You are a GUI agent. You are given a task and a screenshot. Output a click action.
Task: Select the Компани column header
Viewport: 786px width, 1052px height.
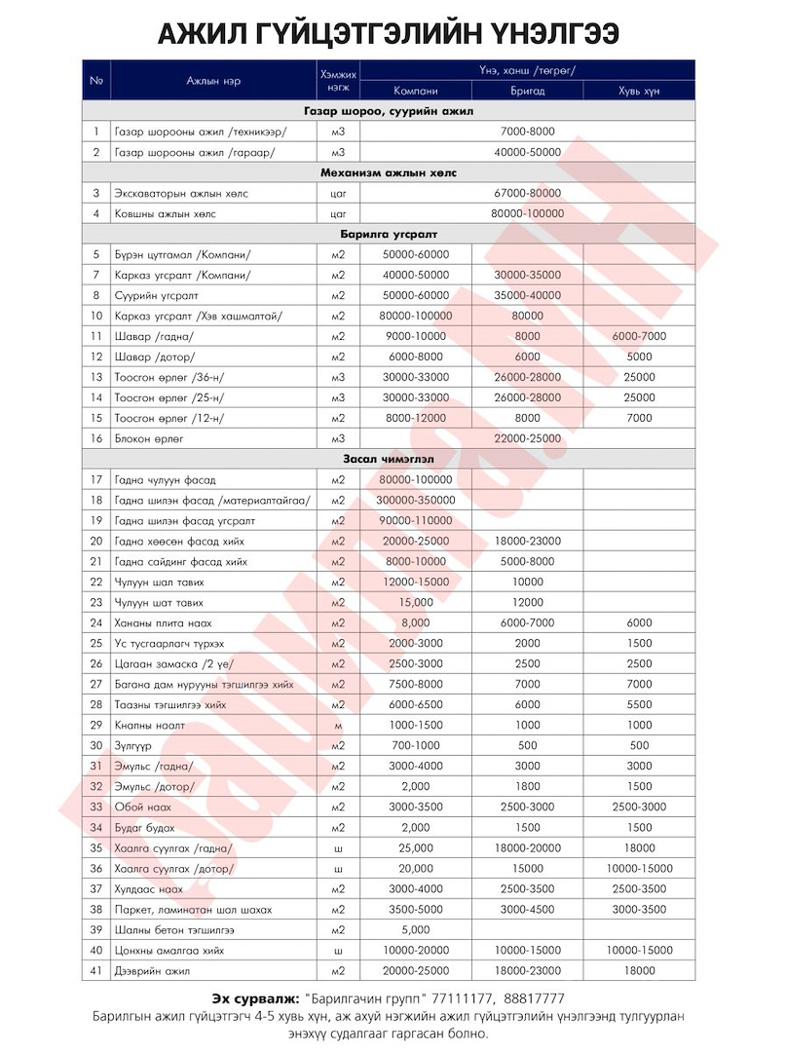[415, 91]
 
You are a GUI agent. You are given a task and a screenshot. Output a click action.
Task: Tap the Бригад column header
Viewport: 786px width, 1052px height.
[527, 91]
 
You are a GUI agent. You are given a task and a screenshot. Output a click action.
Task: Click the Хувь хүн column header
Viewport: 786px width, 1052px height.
[639, 91]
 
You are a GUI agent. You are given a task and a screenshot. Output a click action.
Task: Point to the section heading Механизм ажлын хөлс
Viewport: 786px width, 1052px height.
[389, 172]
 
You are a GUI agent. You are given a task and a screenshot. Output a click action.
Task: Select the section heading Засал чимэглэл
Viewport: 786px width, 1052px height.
[389, 458]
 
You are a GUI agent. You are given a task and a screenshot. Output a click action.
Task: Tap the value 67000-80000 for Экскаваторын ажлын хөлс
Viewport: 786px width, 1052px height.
[527, 194]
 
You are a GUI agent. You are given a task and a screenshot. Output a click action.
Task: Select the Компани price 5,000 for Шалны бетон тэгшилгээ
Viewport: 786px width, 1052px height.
[415, 929]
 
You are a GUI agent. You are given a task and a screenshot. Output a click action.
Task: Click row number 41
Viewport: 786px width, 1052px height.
[96, 970]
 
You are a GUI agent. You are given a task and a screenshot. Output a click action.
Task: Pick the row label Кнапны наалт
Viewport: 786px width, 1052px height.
[149, 726]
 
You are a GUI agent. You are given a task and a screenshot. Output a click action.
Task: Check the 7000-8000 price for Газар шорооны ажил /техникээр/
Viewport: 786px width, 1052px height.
[527, 131]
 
